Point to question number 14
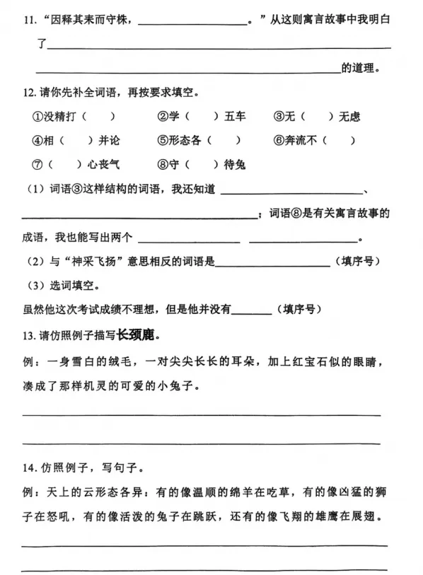[x=28, y=467]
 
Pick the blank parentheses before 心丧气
[x=67, y=165]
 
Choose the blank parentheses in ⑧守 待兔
[x=204, y=165]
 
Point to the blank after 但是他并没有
[x=251, y=309]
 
